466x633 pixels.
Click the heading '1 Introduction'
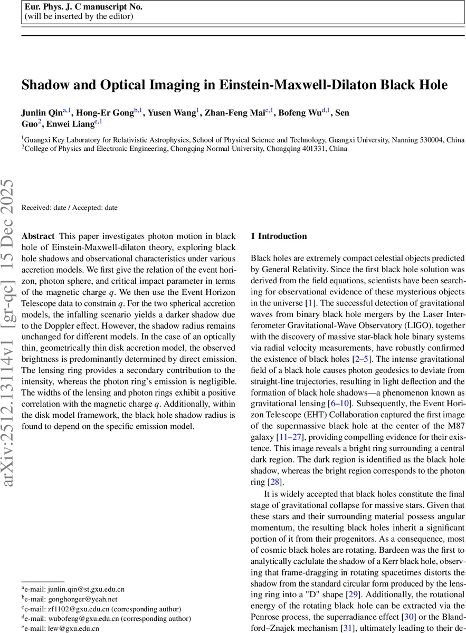point(279,236)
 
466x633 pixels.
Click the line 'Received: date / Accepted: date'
point(70,208)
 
